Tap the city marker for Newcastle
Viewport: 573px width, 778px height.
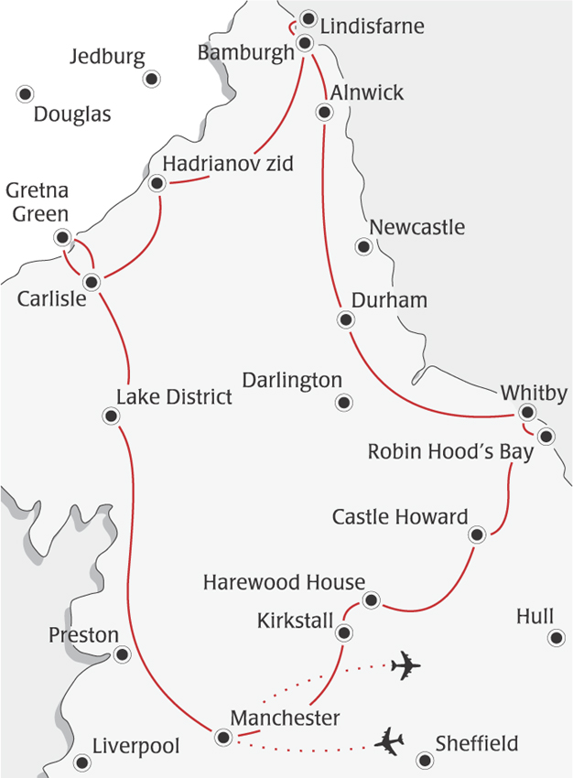[364, 246]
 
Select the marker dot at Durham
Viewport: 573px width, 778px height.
[345, 319]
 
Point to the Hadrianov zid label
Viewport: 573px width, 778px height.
[228, 165]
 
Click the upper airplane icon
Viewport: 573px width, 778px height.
[405, 665]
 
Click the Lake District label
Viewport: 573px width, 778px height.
[174, 396]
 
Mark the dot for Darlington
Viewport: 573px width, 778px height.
[344, 402]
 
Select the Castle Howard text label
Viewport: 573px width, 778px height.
[400, 517]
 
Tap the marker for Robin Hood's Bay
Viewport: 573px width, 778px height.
[546, 436]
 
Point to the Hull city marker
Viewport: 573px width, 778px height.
[556, 638]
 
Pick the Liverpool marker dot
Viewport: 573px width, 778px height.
[82, 762]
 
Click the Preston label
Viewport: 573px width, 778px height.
[84, 635]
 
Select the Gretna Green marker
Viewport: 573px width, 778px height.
[62, 237]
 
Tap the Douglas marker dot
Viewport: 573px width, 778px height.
[25, 92]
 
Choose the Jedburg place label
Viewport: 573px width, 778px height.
[107, 58]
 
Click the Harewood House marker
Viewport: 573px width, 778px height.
[371, 600]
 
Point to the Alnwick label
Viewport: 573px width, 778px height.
[367, 93]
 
